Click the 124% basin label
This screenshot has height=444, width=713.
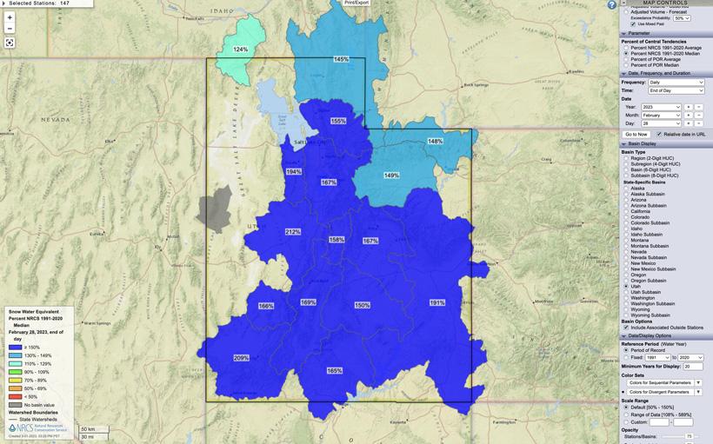[241, 50]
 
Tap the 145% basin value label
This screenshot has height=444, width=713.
[341, 59]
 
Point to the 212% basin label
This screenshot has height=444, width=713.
[292, 232]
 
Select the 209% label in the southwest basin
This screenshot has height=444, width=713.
[241, 358]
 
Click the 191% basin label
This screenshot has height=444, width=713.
[436, 302]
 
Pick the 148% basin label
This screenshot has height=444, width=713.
[435, 141]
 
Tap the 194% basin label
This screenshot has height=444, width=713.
[294, 172]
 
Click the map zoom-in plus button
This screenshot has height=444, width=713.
[10, 17]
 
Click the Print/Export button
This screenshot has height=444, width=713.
[356, 3]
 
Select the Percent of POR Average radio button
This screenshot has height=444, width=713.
[627, 59]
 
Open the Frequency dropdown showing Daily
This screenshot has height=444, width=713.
[676, 82]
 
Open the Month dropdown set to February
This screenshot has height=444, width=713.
[662, 115]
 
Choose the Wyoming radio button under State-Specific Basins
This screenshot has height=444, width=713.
[627, 309]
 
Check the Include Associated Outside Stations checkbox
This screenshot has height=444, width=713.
[627, 328]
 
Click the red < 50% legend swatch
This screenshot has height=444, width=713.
[14, 397]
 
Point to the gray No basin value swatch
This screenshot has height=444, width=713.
[14, 405]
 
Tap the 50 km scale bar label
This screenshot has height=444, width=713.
[87, 428]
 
